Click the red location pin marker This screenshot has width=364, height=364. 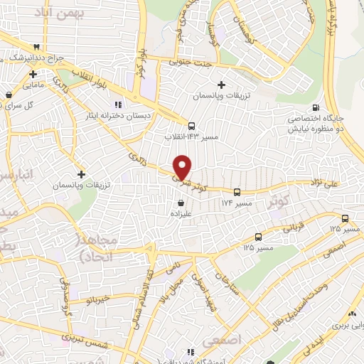click(183, 167)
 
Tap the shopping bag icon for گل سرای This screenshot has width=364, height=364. click(8, 95)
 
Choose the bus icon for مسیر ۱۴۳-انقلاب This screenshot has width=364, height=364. click(191, 126)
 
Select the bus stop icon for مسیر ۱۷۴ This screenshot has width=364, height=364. click(237, 191)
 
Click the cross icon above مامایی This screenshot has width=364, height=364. click(33, 74)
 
